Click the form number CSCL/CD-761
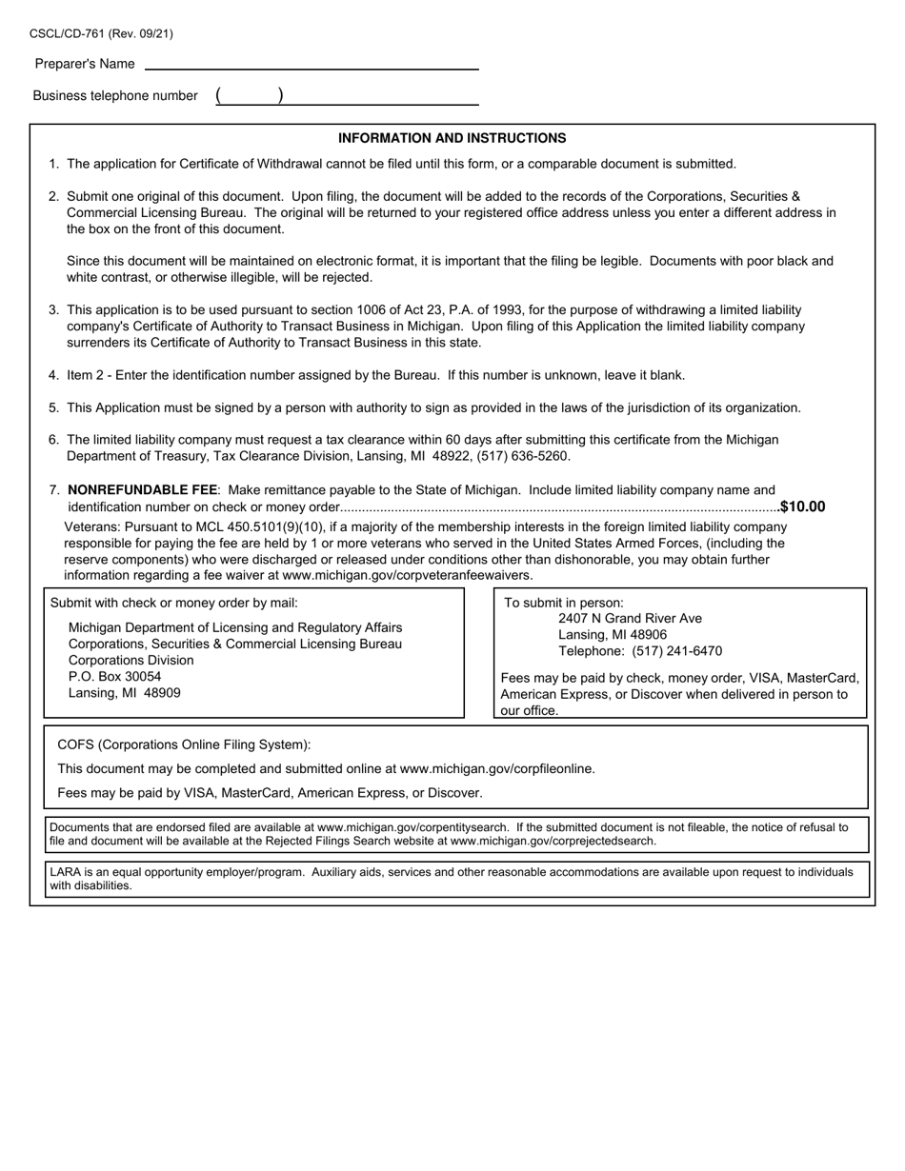pyautogui.click(x=68, y=34)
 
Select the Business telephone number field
pyautogui.click(x=381, y=96)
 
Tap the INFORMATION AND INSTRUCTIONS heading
pyautogui.click(x=452, y=138)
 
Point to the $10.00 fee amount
pyautogui.click(x=802, y=507)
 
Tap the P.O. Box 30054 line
pyautogui.click(x=114, y=677)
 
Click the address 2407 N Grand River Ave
pyautogui.click(x=630, y=619)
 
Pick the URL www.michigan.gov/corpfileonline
pyautogui.click(x=496, y=769)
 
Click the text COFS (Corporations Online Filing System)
pyautogui.click(x=184, y=745)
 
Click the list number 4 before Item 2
pyautogui.click(x=53, y=375)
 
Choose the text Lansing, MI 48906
pyautogui.click(x=612, y=635)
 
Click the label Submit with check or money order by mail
pyautogui.click(x=173, y=603)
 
